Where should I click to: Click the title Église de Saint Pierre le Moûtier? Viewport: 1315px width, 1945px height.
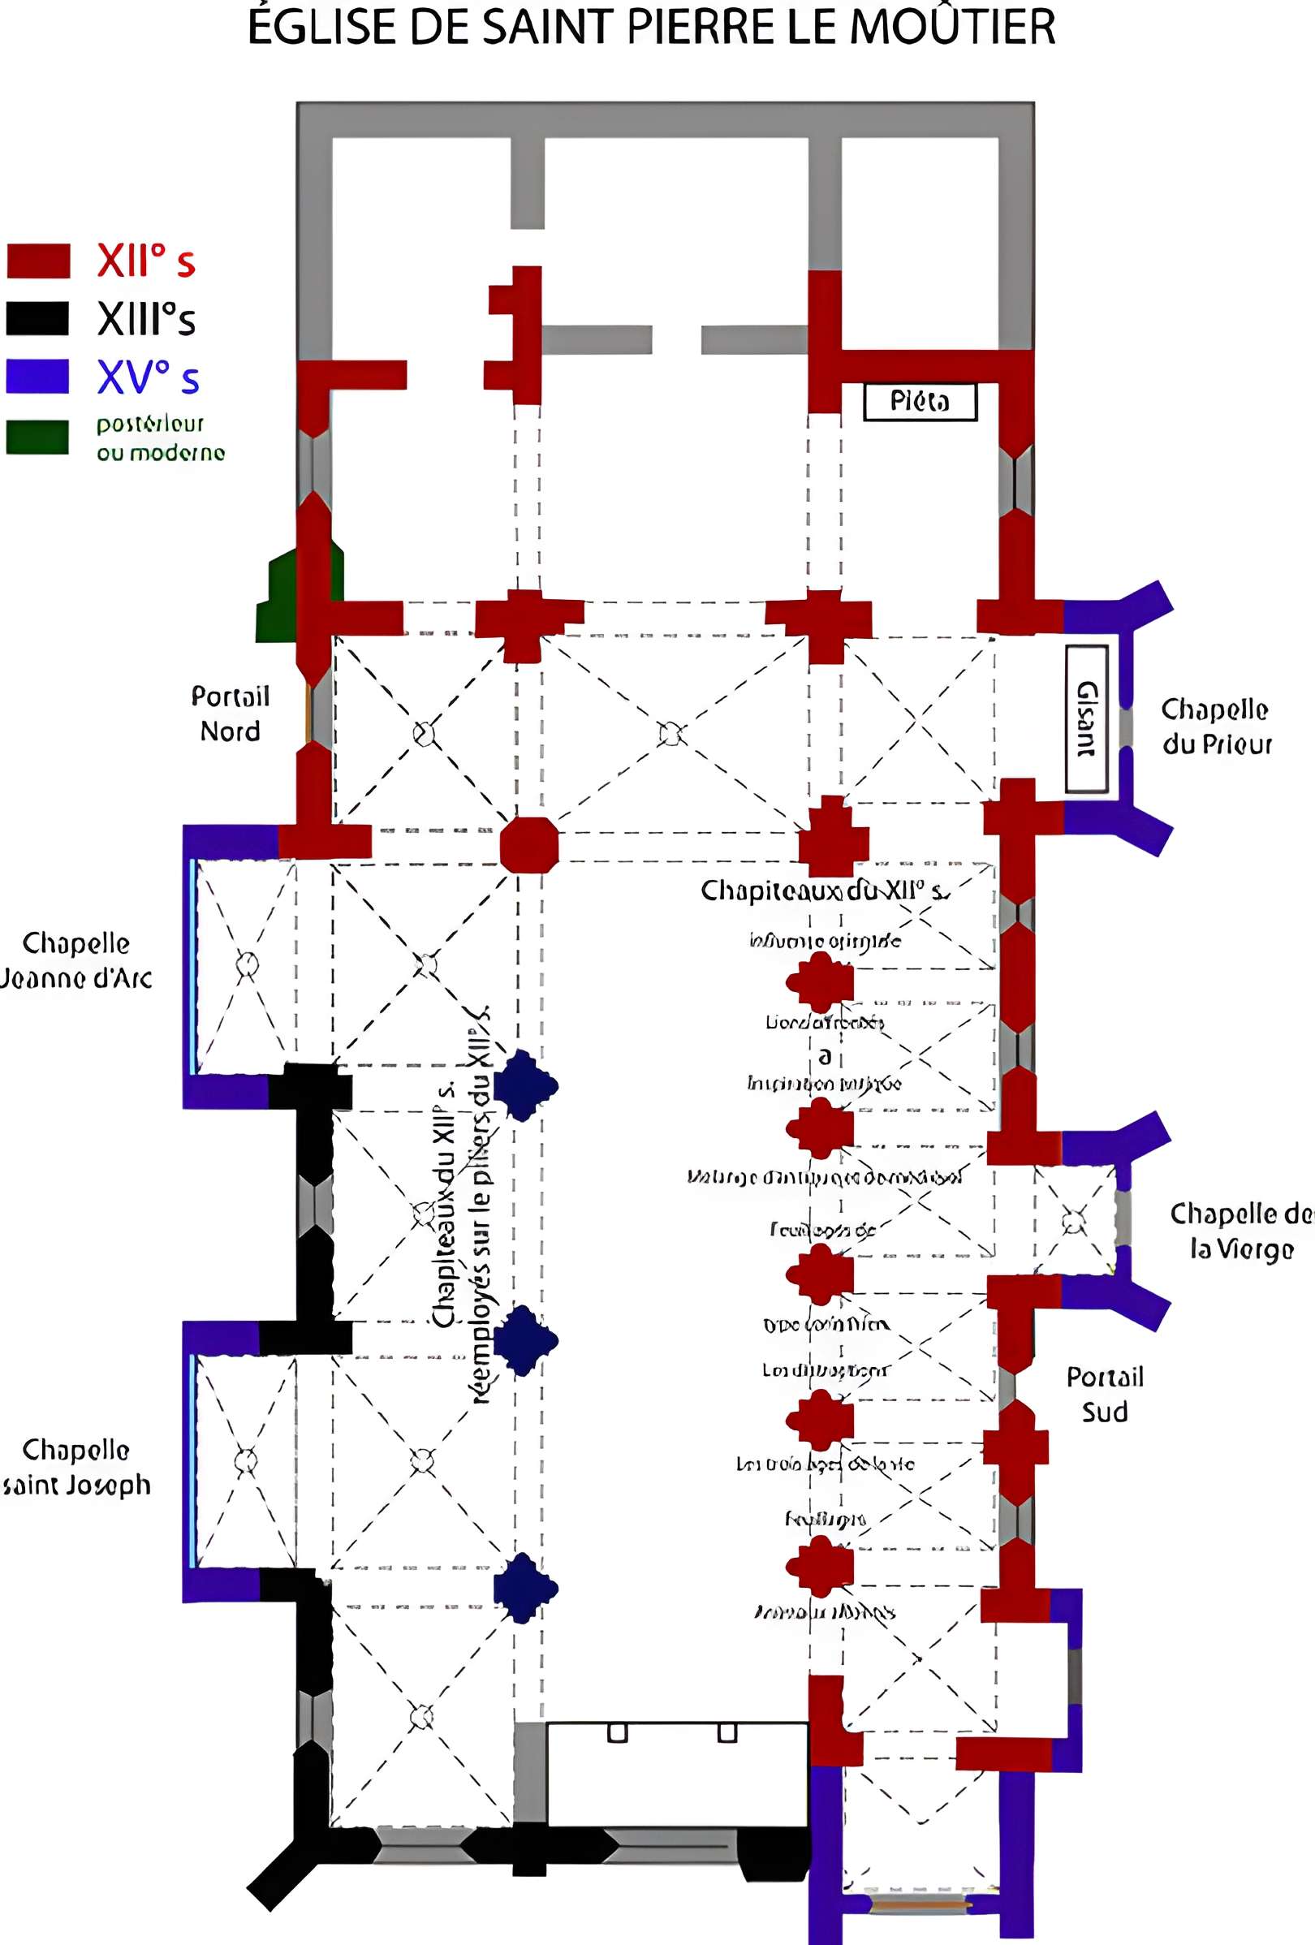tap(651, 27)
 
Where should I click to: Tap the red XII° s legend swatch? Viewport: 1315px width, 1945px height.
tap(37, 261)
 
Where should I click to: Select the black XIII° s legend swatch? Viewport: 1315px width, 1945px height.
tap(37, 318)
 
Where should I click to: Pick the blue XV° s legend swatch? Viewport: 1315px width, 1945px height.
tap(37, 376)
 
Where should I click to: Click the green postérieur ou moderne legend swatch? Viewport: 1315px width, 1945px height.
tap(37, 436)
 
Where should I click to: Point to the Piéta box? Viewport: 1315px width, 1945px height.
tap(920, 402)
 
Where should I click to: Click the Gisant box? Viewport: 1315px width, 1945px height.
tap(1086, 719)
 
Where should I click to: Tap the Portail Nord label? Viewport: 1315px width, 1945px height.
tap(231, 713)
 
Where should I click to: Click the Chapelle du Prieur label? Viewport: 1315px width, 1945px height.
tap(1216, 726)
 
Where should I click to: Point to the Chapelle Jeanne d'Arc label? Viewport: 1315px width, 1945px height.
tap(75, 960)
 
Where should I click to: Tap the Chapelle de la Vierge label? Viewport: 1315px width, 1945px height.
tap(1241, 1231)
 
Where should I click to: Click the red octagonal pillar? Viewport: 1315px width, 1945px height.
tap(529, 845)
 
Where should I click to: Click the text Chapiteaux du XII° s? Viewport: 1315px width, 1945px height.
tap(825, 890)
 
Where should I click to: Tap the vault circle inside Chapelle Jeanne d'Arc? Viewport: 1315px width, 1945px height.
tap(247, 964)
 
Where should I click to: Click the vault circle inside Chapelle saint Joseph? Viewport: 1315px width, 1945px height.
tap(245, 1461)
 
